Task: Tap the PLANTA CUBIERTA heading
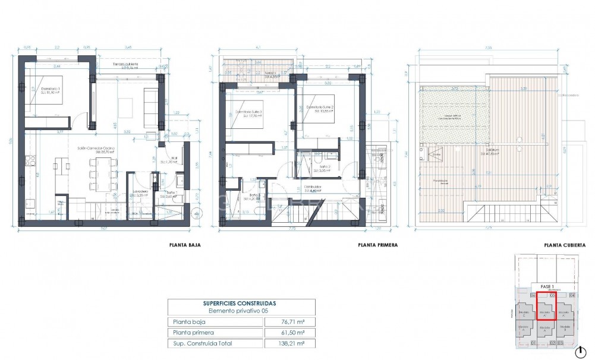click(565, 245)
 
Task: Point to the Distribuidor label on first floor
click(313, 188)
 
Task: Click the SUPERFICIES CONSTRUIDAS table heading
click(241, 303)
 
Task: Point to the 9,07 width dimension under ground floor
click(104, 228)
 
